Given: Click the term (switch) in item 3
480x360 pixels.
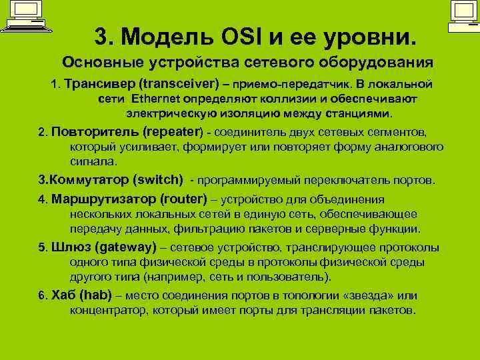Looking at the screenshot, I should point(158,179).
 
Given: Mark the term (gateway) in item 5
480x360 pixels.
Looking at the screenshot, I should point(126,247).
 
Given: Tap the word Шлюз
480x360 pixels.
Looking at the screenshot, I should point(71,247).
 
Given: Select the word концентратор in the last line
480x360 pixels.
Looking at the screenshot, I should point(110,310).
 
